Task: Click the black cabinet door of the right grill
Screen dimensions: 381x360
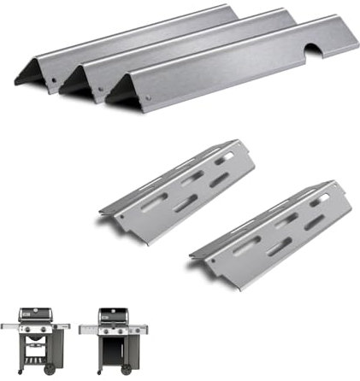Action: click(x=112, y=349)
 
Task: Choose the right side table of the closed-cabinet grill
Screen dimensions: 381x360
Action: click(x=139, y=328)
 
